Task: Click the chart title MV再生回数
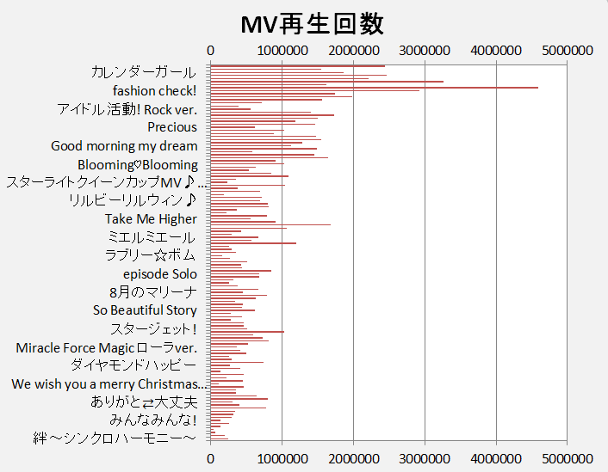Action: (x=312, y=23)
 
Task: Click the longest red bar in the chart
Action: (x=374, y=88)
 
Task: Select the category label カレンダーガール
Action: (x=143, y=72)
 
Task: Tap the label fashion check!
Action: (x=155, y=90)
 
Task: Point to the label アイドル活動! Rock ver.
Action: (x=127, y=109)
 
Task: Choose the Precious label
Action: (x=172, y=127)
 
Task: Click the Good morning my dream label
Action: (x=124, y=146)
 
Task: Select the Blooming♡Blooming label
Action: (x=138, y=164)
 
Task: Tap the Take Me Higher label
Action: (x=151, y=219)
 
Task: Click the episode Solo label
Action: (x=160, y=274)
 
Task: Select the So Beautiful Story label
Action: (x=145, y=310)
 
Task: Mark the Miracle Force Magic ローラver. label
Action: (x=107, y=347)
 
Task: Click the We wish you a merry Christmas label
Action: (x=109, y=384)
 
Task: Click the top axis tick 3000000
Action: (x=425, y=52)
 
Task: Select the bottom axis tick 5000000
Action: (x=568, y=459)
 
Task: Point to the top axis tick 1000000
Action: (x=282, y=52)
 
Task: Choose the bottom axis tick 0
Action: (x=211, y=459)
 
